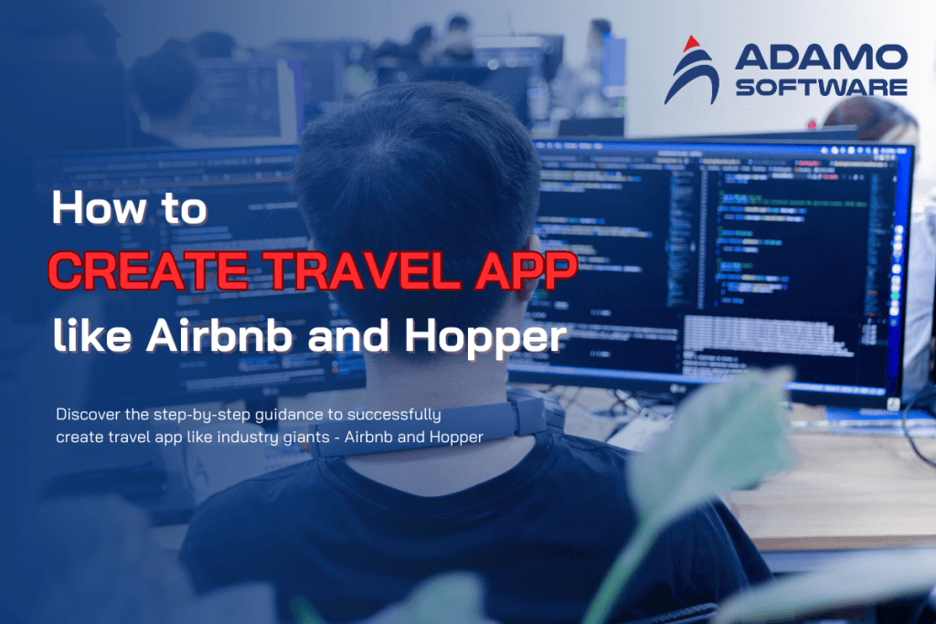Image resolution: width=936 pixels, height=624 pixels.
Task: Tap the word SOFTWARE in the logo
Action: (x=821, y=87)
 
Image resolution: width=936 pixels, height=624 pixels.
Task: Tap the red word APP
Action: (x=521, y=273)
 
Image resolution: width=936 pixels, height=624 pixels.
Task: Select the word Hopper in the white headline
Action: (x=485, y=339)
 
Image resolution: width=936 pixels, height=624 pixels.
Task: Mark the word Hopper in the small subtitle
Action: (x=455, y=437)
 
